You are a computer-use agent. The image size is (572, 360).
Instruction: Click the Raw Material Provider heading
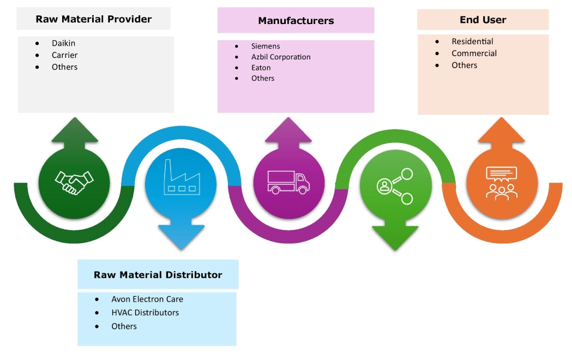[93, 20]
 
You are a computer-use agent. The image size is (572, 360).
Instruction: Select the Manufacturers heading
[296, 21]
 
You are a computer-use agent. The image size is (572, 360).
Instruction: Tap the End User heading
[483, 20]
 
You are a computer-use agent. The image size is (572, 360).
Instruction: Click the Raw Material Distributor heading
[158, 274]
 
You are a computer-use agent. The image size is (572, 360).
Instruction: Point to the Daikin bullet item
[63, 43]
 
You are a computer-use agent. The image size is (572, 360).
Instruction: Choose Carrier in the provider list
[64, 55]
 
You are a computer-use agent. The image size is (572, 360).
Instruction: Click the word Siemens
[266, 46]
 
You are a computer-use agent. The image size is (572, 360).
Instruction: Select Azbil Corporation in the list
[281, 57]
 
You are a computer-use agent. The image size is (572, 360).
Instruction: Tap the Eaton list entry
[261, 68]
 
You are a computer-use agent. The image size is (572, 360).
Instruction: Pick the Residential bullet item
[472, 41]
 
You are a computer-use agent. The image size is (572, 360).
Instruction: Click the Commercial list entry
[474, 53]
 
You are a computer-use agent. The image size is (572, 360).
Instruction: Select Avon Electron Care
[147, 299]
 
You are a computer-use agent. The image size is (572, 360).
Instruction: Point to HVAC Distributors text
[144, 313]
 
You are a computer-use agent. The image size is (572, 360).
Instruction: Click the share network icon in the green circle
[395, 185]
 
